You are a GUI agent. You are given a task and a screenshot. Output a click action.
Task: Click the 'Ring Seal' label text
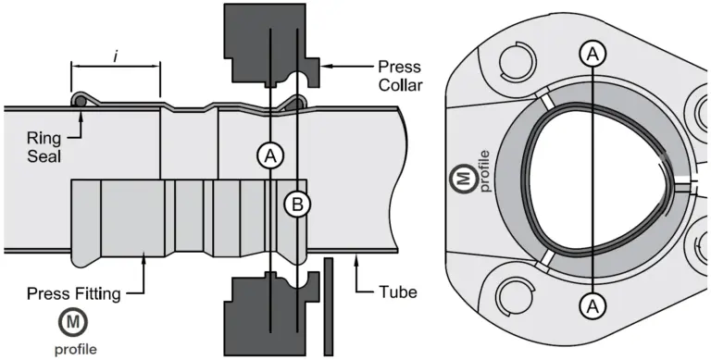[x=44, y=146]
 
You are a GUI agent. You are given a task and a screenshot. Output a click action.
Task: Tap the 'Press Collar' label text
[x=400, y=76]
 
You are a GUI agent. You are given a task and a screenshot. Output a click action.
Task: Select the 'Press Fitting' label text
[x=74, y=293]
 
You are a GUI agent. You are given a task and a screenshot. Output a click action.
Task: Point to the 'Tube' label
[x=397, y=292]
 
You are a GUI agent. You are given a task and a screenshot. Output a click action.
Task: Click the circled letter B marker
[x=297, y=205]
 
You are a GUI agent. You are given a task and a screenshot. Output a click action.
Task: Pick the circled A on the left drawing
[x=270, y=156]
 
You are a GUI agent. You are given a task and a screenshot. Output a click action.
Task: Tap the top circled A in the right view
[x=592, y=55]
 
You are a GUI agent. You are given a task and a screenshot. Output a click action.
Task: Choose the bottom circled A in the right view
[x=593, y=306]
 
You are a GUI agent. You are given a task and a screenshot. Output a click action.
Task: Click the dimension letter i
[x=116, y=56]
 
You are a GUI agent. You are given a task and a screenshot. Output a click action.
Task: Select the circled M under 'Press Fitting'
[x=72, y=322]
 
